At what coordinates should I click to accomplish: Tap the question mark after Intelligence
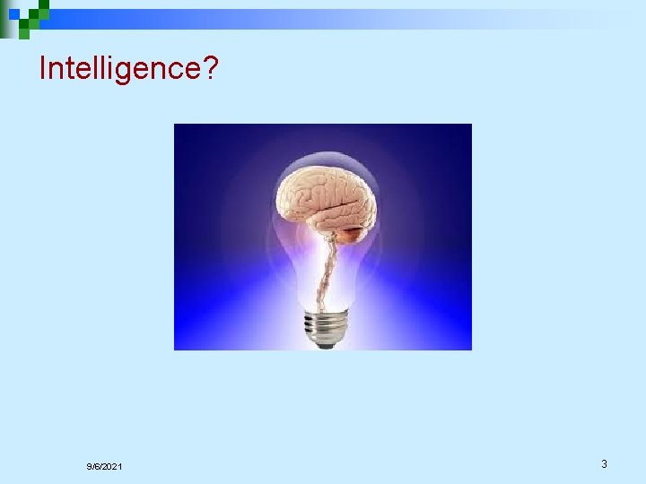tap(211, 68)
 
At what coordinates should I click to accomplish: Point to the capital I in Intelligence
tap(43, 68)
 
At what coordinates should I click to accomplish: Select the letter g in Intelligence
tap(131, 72)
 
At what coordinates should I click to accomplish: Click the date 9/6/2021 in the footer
tap(105, 467)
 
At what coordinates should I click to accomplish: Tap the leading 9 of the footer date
tap(90, 467)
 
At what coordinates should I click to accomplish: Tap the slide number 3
tap(604, 464)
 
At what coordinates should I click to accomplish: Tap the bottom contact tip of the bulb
tap(325, 345)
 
